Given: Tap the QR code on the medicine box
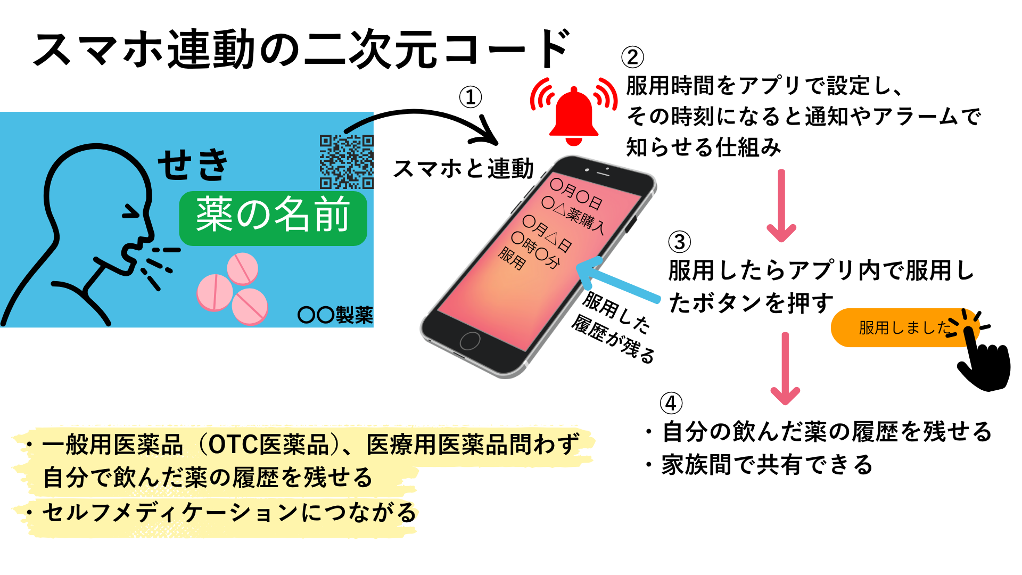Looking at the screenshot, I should click(347, 162).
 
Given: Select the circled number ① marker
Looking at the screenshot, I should click(471, 97).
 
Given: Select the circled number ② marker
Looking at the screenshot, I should click(632, 57).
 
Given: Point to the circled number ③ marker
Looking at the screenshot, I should click(680, 242).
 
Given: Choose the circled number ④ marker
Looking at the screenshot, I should click(671, 403).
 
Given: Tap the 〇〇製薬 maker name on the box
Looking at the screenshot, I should click(335, 315).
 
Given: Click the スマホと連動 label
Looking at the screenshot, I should click(463, 169).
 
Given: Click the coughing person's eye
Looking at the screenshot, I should click(131, 212).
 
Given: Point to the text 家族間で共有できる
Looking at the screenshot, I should click(767, 465).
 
